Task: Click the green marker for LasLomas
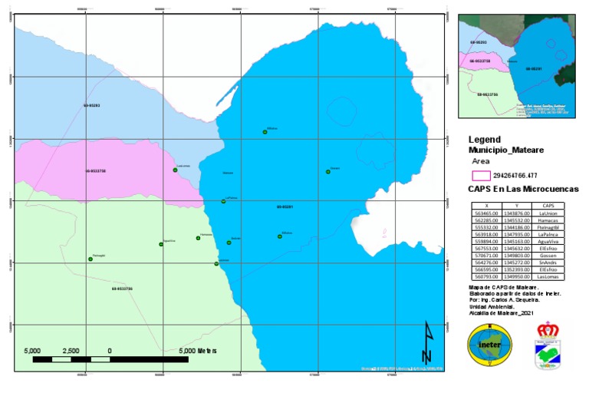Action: (175, 170)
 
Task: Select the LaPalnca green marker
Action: (223, 201)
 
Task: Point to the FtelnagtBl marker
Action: (90, 259)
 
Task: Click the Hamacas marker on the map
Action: (198, 238)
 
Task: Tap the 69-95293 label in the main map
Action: (92, 105)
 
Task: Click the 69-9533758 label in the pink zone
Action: (95, 170)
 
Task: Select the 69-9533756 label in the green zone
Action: (122, 289)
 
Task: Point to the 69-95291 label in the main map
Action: (285, 207)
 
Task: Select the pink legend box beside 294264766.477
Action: (482, 175)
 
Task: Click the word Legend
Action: (484, 140)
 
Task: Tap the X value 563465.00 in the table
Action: (488, 214)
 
